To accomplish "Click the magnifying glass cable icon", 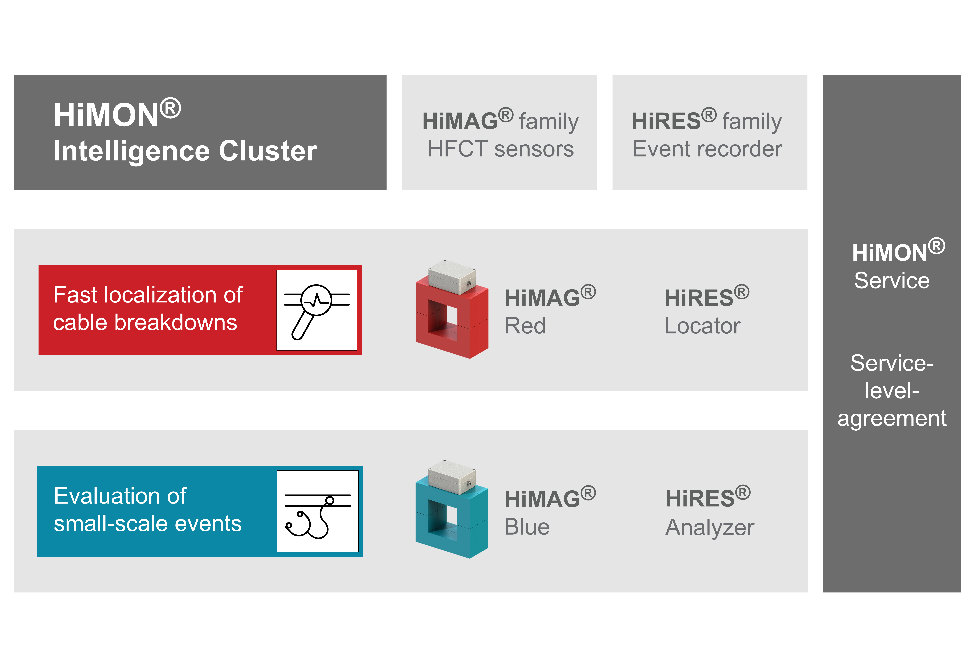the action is pyautogui.click(x=317, y=310).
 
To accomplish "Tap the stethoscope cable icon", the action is pyautogui.click(x=317, y=511).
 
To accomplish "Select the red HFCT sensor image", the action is pyautogui.click(x=452, y=309).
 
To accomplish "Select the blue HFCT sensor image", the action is pyautogui.click(x=452, y=509).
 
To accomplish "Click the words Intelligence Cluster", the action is pyautogui.click(x=185, y=151).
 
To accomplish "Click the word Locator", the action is pyautogui.click(x=702, y=326).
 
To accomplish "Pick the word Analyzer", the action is pyautogui.click(x=710, y=528).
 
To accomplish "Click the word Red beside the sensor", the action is pyautogui.click(x=525, y=326).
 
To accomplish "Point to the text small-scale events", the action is pyautogui.click(x=148, y=524).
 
